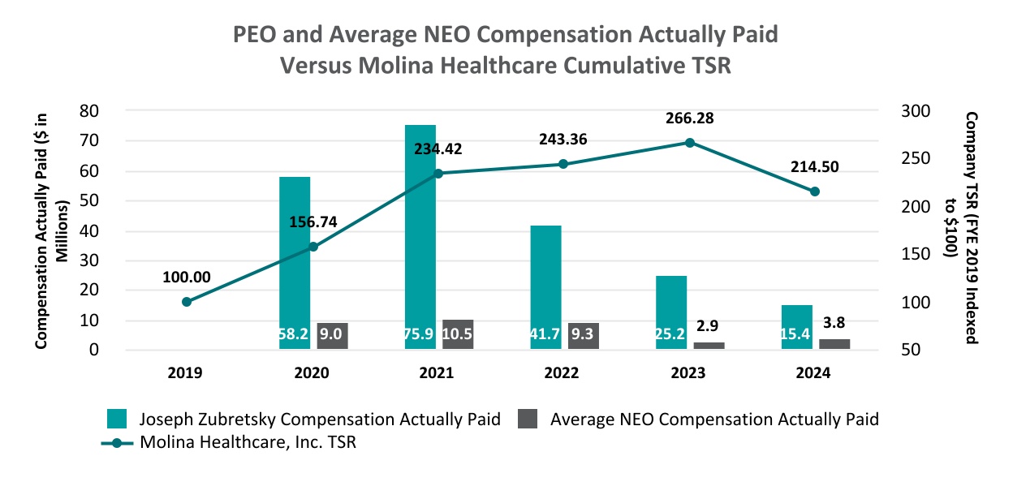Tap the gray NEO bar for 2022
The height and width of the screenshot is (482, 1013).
point(584,336)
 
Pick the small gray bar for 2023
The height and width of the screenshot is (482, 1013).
point(709,346)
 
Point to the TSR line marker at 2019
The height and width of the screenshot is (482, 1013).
point(187,302)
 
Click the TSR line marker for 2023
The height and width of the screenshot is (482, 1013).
point(689,143)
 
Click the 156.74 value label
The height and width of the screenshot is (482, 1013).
point(313,222)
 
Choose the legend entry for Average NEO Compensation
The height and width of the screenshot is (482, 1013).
point(713,420)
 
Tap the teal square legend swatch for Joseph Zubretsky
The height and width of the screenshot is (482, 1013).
point(119,420)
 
